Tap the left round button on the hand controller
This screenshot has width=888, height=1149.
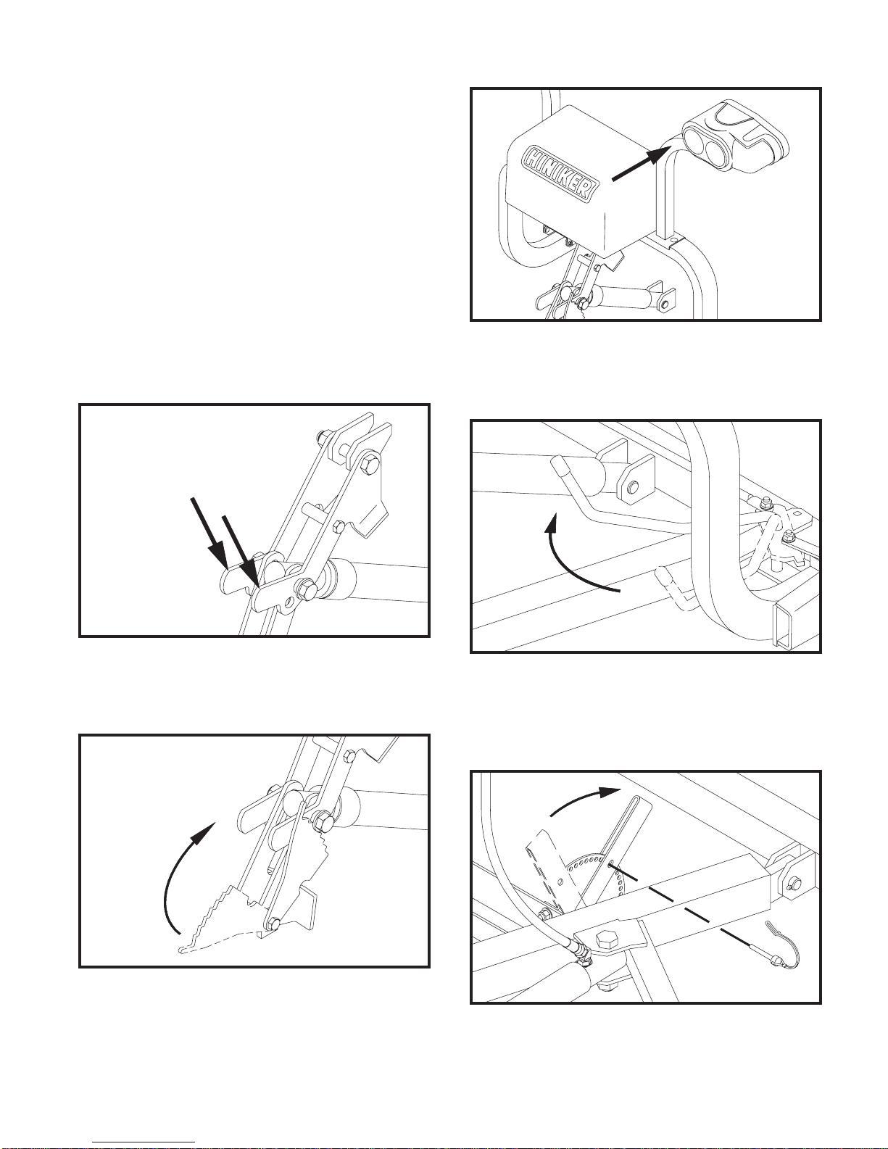[x=695, y=140]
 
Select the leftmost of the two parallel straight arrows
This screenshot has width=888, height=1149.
[x=209, y=531]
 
